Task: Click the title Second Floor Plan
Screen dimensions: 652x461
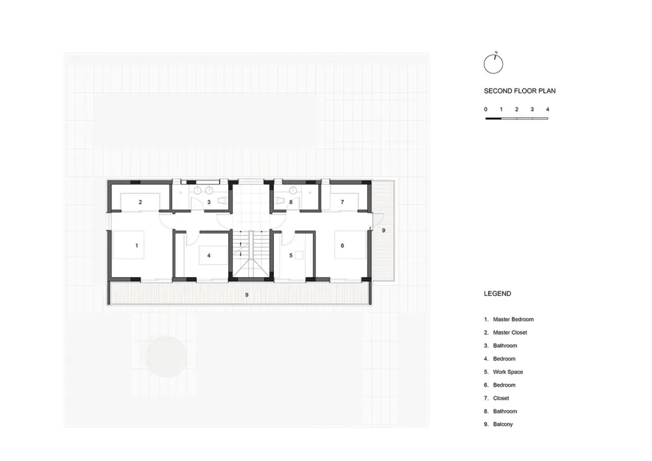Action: pyautogui.click(x=520, y=91)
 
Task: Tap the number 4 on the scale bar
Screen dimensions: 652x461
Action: pyautogui.click(x=548, y=110)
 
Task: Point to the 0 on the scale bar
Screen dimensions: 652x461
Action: pyautogui.click(x=485, y=110)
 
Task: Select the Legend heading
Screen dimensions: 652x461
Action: pyautogui.click(x=497, y=293)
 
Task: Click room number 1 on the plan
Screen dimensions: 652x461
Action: pyautogui.click(x=136, y=246)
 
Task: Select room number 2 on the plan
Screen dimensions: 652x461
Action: pyautogui.click(x=140, y=202)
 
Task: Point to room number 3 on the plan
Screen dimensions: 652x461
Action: pyautogui.click(x=209, y=202)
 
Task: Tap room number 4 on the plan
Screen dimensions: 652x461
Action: pyautogui.click(x=209, y=255)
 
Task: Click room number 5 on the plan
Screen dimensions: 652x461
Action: pyautogui.click(x=291, y=255)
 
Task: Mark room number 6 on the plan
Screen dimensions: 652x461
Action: pyautogui.click(x=342, y=246)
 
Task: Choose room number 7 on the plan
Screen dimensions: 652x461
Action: pyautogui.click(x=342, y=202)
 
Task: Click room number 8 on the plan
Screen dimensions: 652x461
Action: pyautogui.click(x=291, y=202)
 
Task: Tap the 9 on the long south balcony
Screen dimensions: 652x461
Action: pyautogui.click(x=246, y=295)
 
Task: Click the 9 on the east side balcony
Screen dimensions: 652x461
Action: pyautogui.click(x=383, y=230)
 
